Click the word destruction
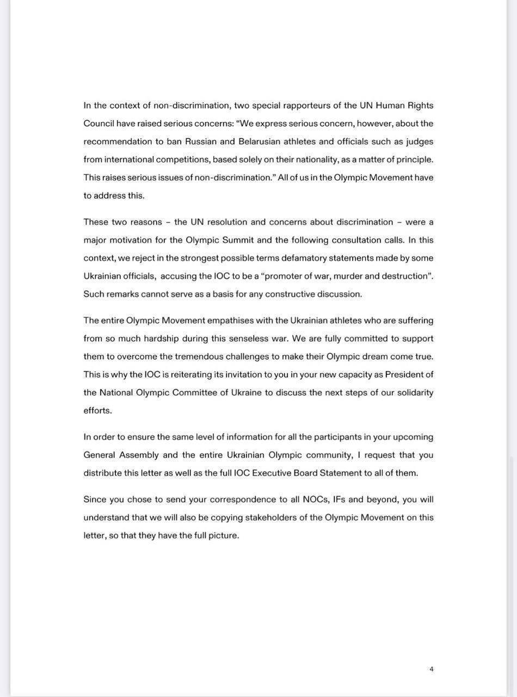pos(404,276)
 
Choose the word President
pos(404,375)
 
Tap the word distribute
pos(102,473)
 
